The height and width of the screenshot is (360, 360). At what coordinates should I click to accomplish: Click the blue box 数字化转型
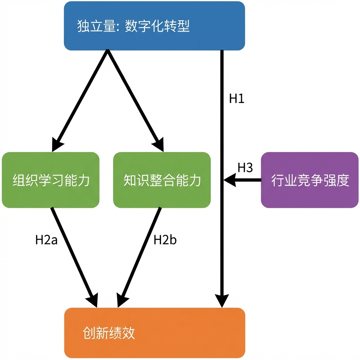154,26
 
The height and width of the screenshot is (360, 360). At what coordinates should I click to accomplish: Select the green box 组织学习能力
51,180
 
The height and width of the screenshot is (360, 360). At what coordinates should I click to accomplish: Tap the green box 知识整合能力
162,180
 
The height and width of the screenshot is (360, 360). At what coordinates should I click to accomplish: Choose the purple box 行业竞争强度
310,180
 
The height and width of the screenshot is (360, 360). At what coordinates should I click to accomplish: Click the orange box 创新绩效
154,333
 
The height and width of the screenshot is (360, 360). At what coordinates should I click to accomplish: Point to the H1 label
237,99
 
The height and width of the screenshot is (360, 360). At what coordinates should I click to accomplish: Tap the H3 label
245,168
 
